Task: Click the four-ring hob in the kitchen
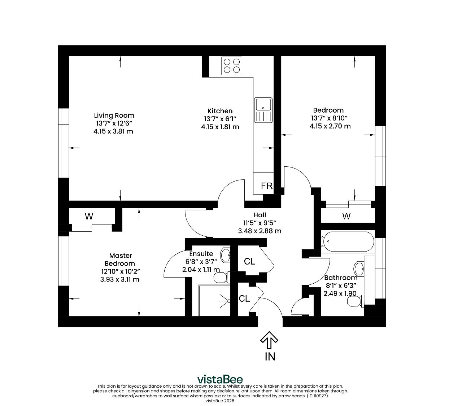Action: click(x=231, y=66)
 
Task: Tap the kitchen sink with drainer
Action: click(x=263, y=110)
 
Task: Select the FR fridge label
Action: click(x=267, y=186)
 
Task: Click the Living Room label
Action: click(x=114, y=115)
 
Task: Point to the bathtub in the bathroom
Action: click(x=348, y=242)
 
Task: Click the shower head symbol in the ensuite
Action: click(x=225, y=301)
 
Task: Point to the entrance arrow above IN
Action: click(x=269, y=340)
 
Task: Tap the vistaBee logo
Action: click(x=220, y=380)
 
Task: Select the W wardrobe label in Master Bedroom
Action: click(x=89, y=216)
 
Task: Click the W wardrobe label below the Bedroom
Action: click(x=346, y=216)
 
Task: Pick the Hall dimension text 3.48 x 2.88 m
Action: click(x=260, y=231)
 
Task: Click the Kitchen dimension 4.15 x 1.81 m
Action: click(x=220, y=127)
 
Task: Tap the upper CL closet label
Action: click(x=249, y=262)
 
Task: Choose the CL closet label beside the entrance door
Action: click(x=244, y=298)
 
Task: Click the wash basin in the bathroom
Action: click(x=359, y=269)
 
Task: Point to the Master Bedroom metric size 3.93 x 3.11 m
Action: click(x=120, y=279)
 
